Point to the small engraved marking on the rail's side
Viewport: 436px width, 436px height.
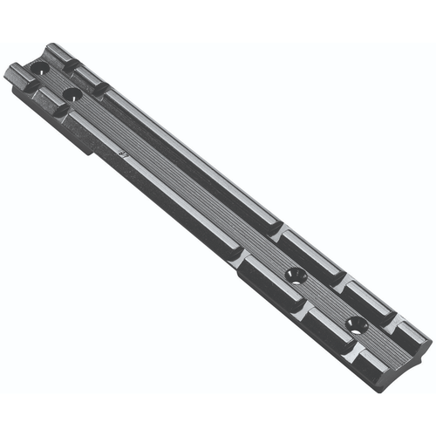pyautogui.click(x=123, y=154)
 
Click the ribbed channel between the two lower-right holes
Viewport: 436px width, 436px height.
pyautogui.click(x=324, y=302)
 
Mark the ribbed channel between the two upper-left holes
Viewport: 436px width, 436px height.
pyautogui.click(x=54, y=79)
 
